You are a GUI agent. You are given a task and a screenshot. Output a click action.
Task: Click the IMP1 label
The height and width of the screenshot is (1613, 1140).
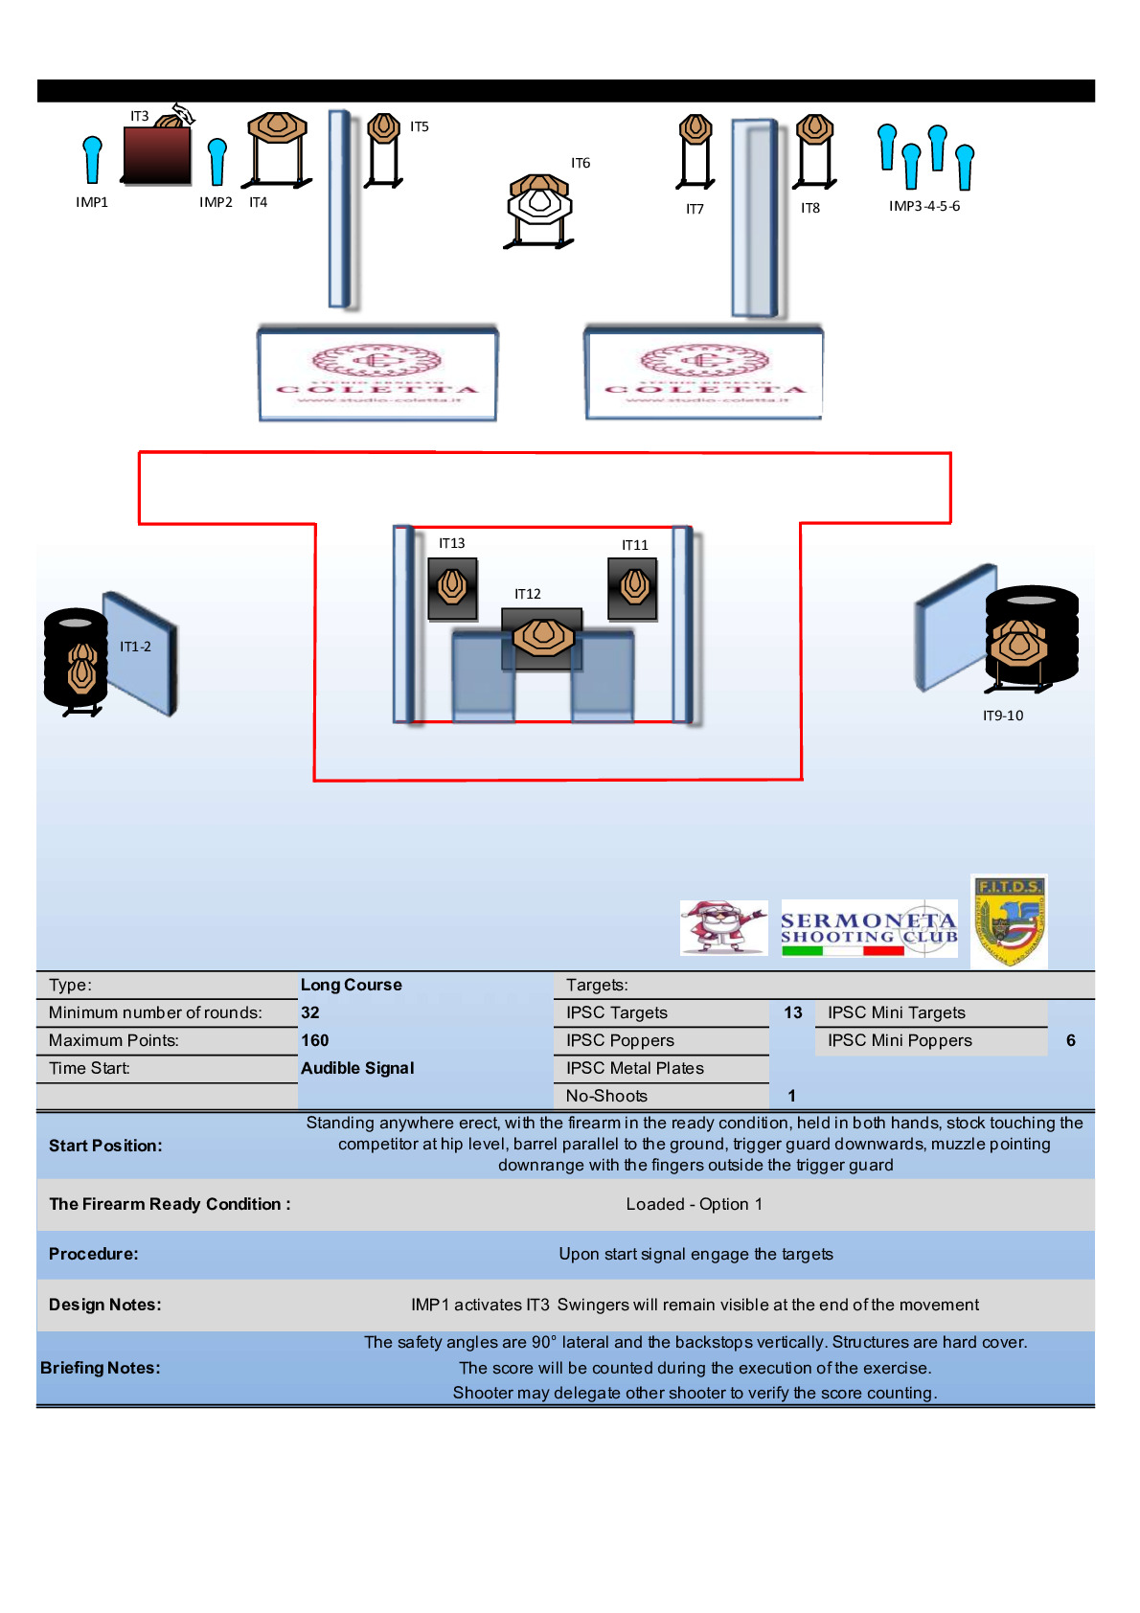pos(92,202)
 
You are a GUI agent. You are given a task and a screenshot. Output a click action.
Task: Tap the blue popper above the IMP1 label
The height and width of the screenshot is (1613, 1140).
pos(92,158)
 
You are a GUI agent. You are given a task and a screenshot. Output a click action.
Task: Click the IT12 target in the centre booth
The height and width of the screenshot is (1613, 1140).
pos(543,637)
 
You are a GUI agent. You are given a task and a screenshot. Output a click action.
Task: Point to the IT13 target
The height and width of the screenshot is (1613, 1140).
pos(452,585)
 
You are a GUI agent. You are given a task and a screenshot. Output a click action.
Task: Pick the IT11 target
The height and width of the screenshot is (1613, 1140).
pos(633,585)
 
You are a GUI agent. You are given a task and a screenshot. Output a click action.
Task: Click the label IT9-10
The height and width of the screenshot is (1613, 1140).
pos(1002,716)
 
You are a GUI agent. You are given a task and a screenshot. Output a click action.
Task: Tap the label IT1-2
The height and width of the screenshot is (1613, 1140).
pos(135,647)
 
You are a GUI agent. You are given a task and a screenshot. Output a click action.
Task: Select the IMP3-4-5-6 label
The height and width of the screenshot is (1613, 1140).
pos(923,206)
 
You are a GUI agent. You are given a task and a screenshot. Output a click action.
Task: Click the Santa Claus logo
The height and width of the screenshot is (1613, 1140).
pos(723,927)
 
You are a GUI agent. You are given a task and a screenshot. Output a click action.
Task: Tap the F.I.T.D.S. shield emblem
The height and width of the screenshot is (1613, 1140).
pos(1009,920)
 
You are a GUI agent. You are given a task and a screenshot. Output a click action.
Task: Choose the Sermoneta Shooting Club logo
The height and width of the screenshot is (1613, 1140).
pos(868,928)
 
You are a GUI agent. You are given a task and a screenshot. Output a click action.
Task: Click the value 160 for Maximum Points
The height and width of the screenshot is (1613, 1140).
pos(314,1040)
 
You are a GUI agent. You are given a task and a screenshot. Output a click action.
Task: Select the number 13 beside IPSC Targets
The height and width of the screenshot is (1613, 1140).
pos(792,1012)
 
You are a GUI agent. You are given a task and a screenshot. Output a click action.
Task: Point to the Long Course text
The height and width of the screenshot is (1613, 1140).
pos(351,985)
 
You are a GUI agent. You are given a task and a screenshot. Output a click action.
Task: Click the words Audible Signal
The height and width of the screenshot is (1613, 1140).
pos(357,1068)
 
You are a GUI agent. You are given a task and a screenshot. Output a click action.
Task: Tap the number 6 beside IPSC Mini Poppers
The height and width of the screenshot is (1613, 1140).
pos(1070,1040)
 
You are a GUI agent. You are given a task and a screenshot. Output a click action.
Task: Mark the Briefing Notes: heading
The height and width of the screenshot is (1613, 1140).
pos(101,1368)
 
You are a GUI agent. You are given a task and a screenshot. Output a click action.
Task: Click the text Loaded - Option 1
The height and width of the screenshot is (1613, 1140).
pos(694,1204)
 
